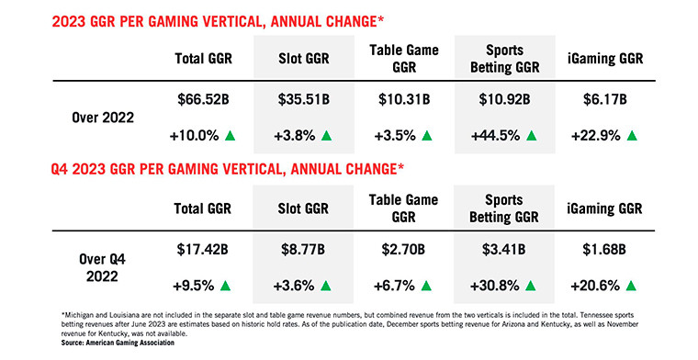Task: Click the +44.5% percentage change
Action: point(495,136)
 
